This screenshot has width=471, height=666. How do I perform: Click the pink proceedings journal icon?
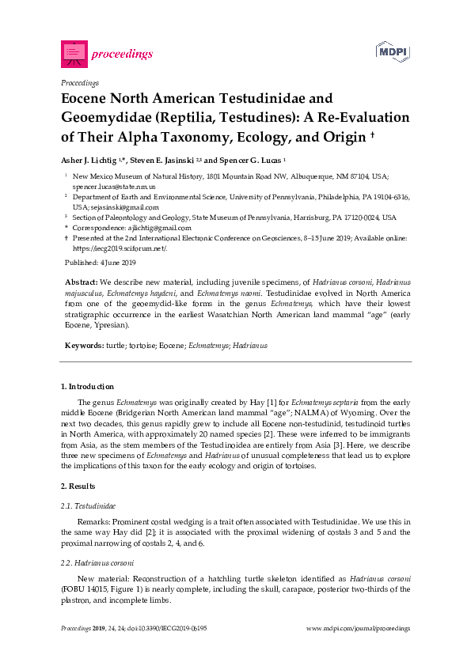click(x=73, y=54)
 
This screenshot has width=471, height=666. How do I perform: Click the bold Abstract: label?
click(x=82, y=282)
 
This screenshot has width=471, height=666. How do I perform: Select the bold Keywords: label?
click(x=84, y=346)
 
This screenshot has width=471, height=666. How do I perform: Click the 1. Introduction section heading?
click(x=88, y=387)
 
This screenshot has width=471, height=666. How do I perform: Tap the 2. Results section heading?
click(x=78, y=486)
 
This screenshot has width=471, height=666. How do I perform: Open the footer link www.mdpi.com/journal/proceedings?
click(x=358, y=628)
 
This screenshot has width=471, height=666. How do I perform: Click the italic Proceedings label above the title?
click(x=79, y=82)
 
